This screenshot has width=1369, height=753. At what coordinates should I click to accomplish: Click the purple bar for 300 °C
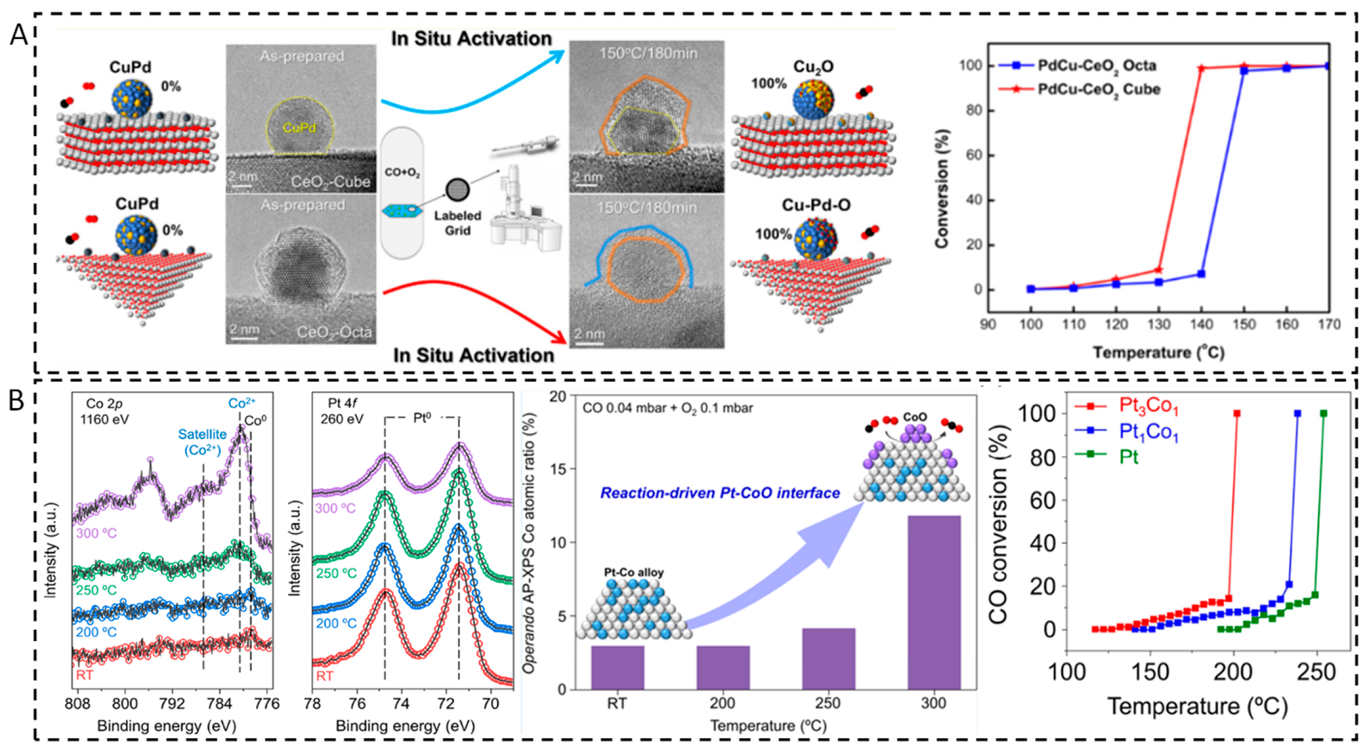[x=933, y=602]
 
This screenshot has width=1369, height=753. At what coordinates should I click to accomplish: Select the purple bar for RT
[x=617, y=667]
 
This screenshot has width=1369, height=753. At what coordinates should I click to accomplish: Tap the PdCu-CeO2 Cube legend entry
[x=1098, y=89]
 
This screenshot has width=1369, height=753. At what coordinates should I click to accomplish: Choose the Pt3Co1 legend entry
[x=1148, y=406]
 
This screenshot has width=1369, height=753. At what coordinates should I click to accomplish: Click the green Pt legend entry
[x=1128, y=456]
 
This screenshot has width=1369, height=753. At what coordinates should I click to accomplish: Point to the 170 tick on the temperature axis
[x=1329, y=324]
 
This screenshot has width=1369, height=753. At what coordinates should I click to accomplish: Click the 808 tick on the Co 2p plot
[x=77, y=703]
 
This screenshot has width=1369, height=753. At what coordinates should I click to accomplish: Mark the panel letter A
[x=19, y=36]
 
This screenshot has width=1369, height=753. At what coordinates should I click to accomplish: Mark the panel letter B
[x=16, y=401]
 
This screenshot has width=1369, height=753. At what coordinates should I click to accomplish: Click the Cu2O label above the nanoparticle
[x=813, y=67]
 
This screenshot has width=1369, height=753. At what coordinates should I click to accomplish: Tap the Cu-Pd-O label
[x=815, y=205]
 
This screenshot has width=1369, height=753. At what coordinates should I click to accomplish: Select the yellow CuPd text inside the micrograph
[x=299, y=128]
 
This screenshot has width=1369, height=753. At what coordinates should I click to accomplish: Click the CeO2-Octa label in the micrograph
[x=334, y=332]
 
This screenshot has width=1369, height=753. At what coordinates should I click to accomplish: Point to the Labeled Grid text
[x=457, y=223]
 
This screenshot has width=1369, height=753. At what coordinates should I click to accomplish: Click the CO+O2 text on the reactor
[x=402, y=172]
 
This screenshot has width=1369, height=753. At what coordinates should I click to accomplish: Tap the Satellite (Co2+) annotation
[x=202, y=442]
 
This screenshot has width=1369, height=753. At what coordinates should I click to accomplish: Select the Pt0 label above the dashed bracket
[x=421, y=418]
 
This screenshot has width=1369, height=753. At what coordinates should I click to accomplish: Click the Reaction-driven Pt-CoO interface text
[x=719, y=493]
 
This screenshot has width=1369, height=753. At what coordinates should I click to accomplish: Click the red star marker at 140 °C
[x=1201, y=68]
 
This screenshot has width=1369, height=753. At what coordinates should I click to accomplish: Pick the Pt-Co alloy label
[x=633, y=572]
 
